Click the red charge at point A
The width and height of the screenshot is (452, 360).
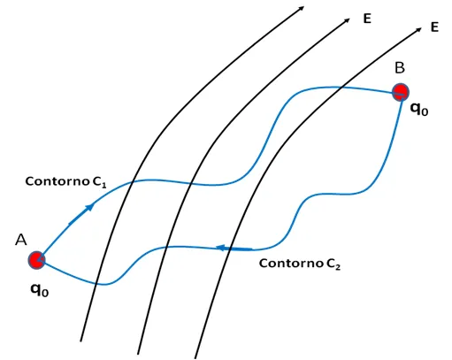[36, 260]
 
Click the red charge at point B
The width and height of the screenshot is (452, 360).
[401, 92]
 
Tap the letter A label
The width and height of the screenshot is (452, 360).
[21, 240]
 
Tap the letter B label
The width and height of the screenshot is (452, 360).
[400, 68]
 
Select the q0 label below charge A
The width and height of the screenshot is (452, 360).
[40, 290]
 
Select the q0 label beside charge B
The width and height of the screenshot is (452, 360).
[419, 110]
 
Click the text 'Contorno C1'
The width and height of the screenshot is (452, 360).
[65, 181]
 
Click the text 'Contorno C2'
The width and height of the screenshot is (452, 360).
[300, 264]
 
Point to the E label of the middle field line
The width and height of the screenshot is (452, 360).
[367, 19]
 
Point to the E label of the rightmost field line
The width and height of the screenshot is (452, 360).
[434, 27]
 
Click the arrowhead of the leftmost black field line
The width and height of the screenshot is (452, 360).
[302, 8]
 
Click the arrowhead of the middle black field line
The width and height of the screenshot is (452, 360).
[347, 20]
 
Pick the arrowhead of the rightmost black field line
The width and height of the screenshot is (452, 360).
[418, 29]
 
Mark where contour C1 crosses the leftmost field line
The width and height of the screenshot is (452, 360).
[132, 182]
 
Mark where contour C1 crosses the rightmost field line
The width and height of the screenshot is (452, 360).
[341, 88]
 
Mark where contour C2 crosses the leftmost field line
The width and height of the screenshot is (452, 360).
[96, 284]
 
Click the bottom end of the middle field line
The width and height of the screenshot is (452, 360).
[138, 354]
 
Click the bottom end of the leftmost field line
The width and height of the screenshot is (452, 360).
[80, 341]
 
